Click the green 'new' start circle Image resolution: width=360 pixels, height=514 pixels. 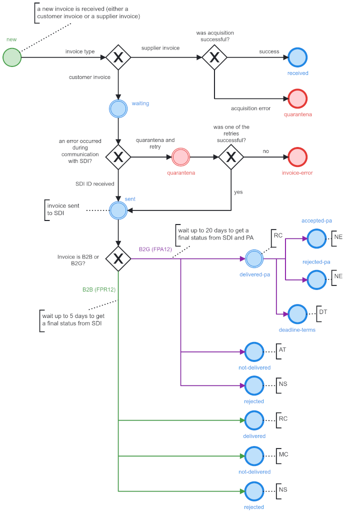(x=12, y=57)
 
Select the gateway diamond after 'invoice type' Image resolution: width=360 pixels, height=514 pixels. (x=118, y=57)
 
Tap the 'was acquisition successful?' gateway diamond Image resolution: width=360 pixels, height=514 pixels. (x=214, y=57)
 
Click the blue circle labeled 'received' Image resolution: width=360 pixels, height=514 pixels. (x=297, y=57)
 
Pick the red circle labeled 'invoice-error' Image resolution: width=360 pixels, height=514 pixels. (x=297, y=156)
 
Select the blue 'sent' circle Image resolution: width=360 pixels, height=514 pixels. (x=118, y=210)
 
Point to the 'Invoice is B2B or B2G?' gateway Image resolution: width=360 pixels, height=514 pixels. (x=118, y=258)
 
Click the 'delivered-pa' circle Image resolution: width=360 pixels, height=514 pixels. (x=254, y=258)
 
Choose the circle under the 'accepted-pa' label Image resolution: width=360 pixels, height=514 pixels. (x=316, y=239)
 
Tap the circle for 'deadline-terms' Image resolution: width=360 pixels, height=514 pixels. (x=297, y=314)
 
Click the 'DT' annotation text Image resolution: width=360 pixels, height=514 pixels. (x=323, y=312)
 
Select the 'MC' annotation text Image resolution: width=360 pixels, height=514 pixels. (x=283, y=454)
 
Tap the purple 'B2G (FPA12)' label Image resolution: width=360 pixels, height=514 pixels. (x=155, y=248)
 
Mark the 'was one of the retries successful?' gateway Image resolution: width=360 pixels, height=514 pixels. (x=231, y=156)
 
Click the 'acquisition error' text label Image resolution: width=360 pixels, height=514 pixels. (x=250, y=108)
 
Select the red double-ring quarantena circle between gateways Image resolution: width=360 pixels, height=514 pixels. (x=180, y=156)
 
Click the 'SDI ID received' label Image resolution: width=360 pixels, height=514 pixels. (x=91, y=184)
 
